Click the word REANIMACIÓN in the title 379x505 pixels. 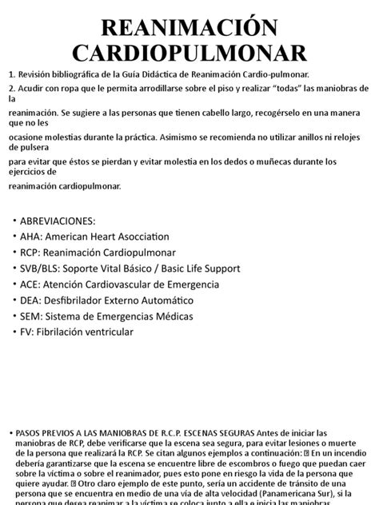(189, 26)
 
